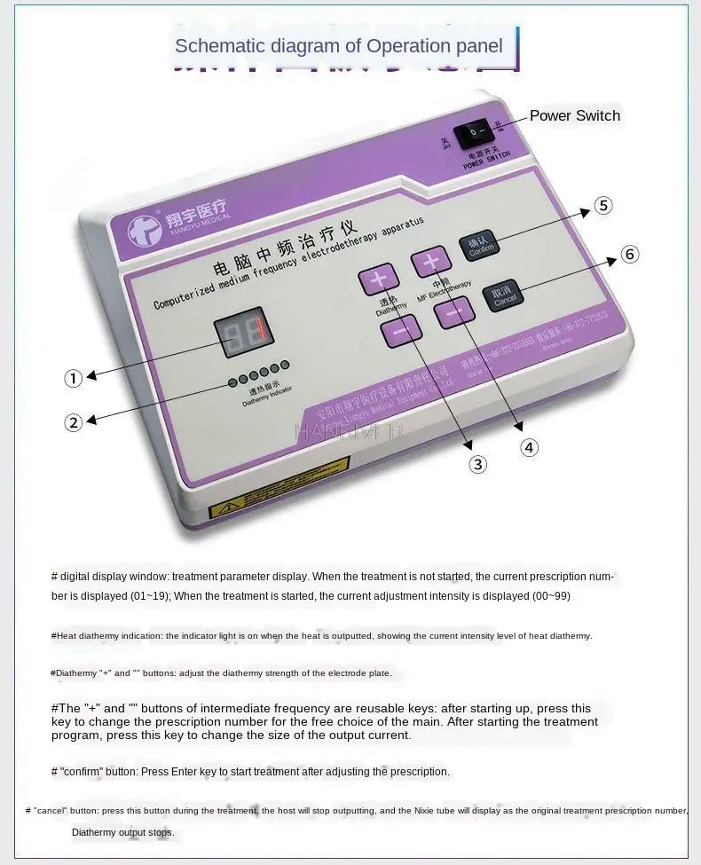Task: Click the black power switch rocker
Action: (477, 133)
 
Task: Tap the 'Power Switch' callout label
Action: (574, 115)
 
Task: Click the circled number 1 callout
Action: (74, 379)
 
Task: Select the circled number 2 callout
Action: (74, 423)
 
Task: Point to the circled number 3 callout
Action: (478, 464)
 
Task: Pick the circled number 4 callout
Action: (529, 447)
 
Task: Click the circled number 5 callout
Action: (603, 206)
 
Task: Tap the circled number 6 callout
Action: (629, 255)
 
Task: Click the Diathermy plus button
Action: (379, 279)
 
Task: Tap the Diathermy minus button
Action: (401, 331)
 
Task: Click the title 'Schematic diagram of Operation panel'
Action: (339, 46)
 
